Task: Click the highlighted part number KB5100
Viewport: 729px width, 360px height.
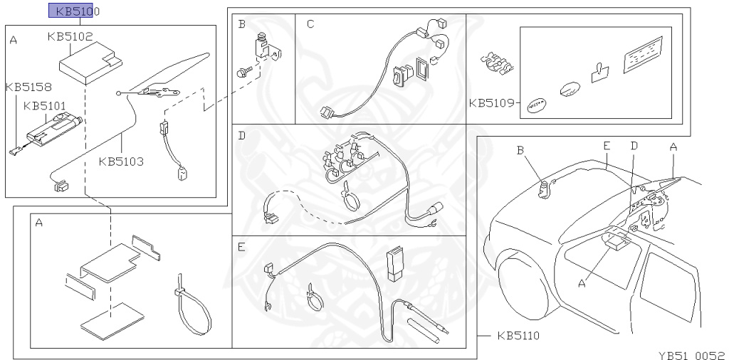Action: tap(74, 11)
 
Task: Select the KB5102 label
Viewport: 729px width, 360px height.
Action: tap(70, 36)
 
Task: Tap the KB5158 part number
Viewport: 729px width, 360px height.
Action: tap(28, 87)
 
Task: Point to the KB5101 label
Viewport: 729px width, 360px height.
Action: tap(45, 107)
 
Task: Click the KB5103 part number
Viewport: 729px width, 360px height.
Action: tap(121, 162)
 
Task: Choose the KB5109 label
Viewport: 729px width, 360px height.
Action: tap(491, 102)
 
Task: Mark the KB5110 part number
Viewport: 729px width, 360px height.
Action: tap(518, 335)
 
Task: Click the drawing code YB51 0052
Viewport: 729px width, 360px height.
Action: tap(693, 355)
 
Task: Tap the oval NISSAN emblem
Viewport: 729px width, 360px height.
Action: tap(536, 105)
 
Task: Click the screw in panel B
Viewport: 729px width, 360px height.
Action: tap(245, 72)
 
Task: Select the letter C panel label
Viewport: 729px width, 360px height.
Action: tap(310, 24)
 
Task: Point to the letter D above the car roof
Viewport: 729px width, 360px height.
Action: tap(634, 146)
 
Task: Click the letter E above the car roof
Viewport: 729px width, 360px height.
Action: tap(607, 146)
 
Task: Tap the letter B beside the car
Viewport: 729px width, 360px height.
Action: tap(520, 150)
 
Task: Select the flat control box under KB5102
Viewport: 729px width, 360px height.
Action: tap(90, 63)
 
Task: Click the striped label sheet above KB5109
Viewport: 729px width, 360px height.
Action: tap(643, 54)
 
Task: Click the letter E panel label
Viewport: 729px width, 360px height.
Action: tap(241, 247)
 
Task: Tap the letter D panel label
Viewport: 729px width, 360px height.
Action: tap(241, 136)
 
